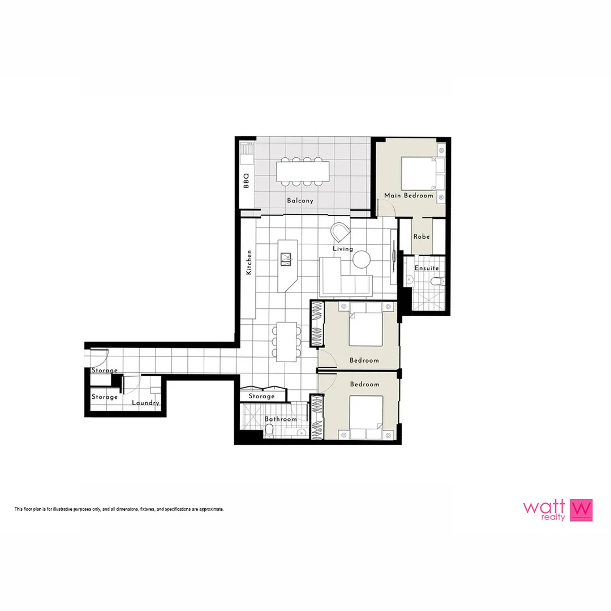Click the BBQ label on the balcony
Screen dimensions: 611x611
pyautogui.click(x=246, y=180)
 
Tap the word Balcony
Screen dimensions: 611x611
pyautogui.click(x=300, y=201)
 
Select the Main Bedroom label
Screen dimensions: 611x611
pyautogui.click(x=408, y=196)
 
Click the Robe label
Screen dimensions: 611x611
pyautogui.click(x=421, y=236)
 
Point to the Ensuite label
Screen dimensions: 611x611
pyautogui.click(x=427, y=268)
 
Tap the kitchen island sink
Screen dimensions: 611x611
pyautogui.click(x=286, y=259)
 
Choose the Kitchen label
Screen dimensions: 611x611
pyautogui.click(x=248, y=263)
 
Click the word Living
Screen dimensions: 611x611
pyautogui.click(x=343, y=249)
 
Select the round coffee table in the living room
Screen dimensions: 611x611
pyautogui.click(x=362, y=259)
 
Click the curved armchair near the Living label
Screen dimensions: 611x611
pyautogui.click(x=341, y=232)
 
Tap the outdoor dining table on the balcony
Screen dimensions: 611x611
pyautogui.click(x=303, y=171)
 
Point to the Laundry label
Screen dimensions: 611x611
pyautogui.click(x=145, y=403)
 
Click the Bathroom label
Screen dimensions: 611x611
pyautogui.click(x=281, y=419)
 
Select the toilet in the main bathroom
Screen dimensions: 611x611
pyautogui.click(x=270, y=432)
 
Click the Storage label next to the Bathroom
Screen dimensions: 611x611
pyautogui.click(x=262, y=397)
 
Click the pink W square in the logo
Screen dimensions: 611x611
pyautogui.click(x=582, y=509)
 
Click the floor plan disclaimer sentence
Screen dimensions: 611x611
pyautogui.click(x=119, y=509)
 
